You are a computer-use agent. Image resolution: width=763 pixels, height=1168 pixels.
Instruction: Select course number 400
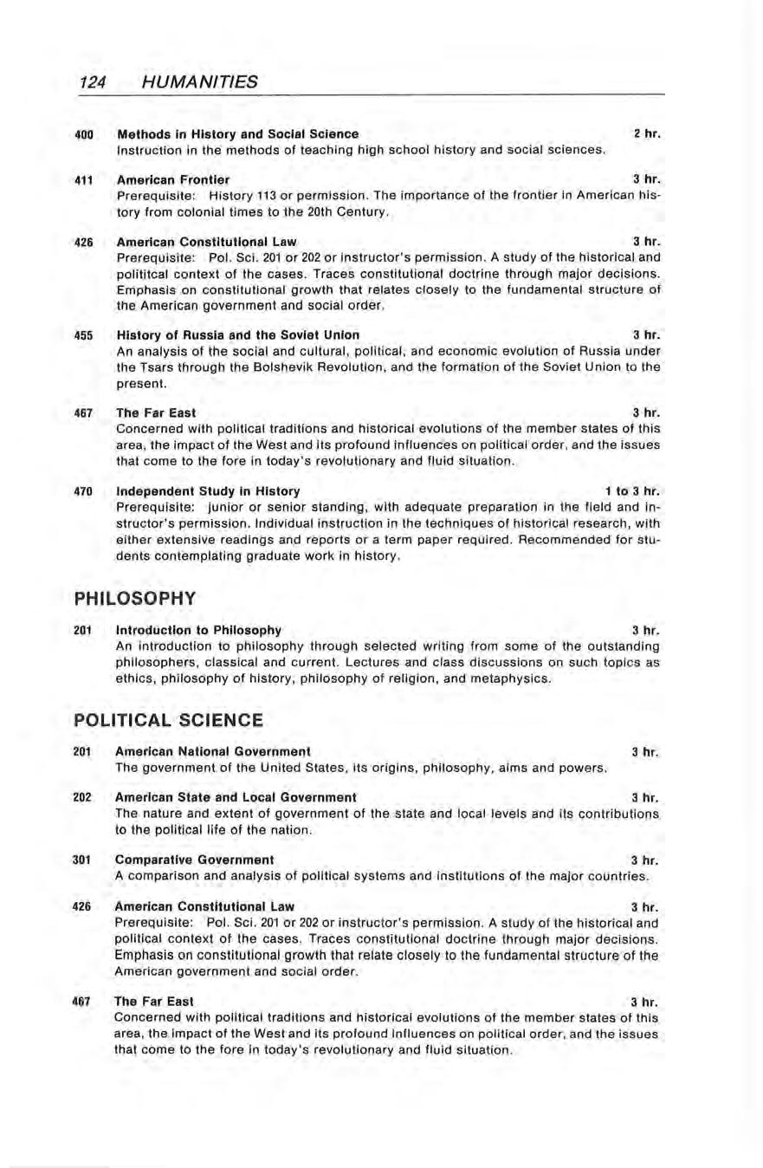(x=83, y=134)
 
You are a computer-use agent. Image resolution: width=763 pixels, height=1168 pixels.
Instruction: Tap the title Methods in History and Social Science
(x=237, y=134)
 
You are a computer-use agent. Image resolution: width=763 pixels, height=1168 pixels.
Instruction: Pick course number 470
(x=83, y=490)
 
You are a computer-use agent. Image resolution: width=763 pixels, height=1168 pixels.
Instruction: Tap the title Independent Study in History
(x=208, y=490)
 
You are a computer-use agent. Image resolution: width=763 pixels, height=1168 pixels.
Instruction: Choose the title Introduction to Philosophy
(x=198, y=629)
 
